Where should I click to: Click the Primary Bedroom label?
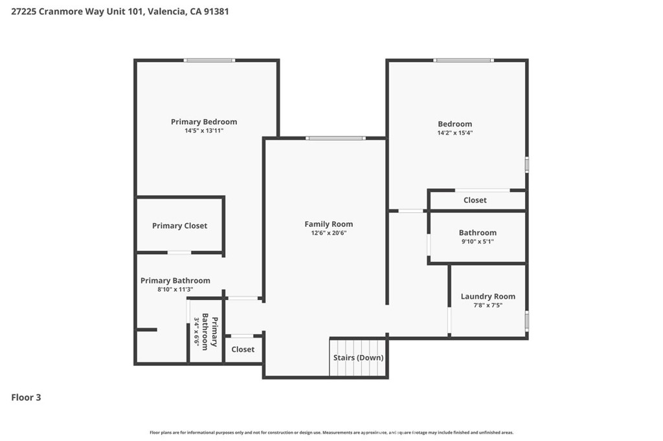coord(204,122)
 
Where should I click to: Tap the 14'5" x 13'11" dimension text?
coord(204,131)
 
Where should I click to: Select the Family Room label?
coord(328,224)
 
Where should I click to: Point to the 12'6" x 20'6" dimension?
coord(328,233)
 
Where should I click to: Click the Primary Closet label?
coord(180,226)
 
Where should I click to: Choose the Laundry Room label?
coord(488,297)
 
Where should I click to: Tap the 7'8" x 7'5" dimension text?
coord(488,305)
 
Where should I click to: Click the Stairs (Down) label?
coord(358,358)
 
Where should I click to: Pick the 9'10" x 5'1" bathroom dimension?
coord(477,242)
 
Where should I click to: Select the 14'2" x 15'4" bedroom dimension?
coord(455,133)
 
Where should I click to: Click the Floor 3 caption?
coord(26,398)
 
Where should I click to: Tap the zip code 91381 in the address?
coord(216,12)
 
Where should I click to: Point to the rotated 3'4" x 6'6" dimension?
coord(197,332)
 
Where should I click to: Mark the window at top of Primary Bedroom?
coord(209,60)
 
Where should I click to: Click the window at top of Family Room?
coord(336,138)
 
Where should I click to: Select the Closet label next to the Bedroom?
coord(475,200)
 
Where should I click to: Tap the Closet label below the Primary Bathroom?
coord(243,349)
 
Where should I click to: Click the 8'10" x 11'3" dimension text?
coord(175,290)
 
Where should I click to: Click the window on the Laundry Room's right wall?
coord(527,321)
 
